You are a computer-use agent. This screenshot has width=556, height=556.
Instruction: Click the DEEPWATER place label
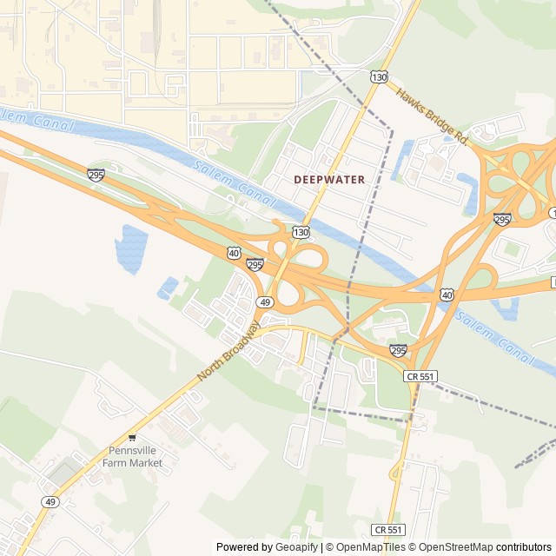329,179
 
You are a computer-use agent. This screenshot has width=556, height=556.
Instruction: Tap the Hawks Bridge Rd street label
433,116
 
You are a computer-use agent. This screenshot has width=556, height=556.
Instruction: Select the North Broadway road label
228,352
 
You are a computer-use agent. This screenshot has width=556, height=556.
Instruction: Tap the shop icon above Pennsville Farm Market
132,437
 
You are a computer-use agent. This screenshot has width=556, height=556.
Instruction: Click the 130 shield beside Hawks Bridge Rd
379,77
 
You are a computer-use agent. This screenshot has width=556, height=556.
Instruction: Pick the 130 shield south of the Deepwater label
301,232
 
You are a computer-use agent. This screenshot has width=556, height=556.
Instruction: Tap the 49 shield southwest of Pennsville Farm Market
50,502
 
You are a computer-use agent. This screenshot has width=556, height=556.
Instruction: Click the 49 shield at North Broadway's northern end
265,301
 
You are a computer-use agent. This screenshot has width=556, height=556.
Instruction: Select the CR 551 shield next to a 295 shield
420,375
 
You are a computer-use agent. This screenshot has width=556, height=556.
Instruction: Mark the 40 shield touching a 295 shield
234,253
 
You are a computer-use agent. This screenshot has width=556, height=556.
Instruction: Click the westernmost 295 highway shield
96,175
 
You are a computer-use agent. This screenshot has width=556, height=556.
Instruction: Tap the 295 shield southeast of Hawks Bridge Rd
502,219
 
